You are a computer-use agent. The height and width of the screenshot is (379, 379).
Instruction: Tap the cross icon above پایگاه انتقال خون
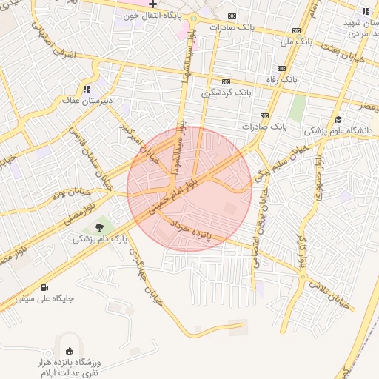(153, 4)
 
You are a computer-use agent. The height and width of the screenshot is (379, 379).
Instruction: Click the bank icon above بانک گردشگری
(226, 82)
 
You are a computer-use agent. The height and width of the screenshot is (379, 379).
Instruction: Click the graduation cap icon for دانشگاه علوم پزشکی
(338, 119)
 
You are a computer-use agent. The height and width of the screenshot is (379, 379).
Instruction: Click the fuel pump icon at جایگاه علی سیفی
(46, 287)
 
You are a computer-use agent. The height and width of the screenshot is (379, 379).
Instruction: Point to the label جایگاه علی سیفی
(47, 298)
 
